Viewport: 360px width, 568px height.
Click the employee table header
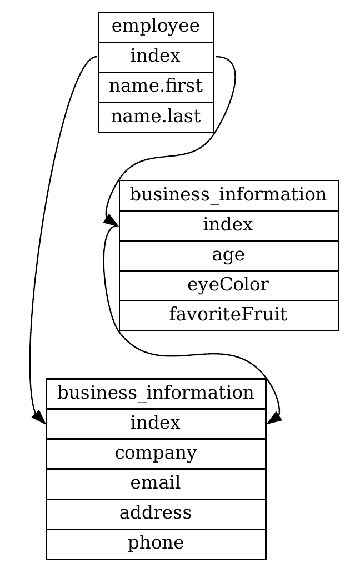[x=156, y=27]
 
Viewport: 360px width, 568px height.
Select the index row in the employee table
[x=156, y=57]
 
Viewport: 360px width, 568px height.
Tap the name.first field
[x=156, y=87]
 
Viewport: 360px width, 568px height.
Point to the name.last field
[x=156, y=117]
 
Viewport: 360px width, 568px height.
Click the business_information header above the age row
[x=228, y=195]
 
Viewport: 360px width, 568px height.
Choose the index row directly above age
[x=228, y=225]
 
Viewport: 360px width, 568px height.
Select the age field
[x=228, y=255]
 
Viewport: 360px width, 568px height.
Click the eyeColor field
[x=228, y=285]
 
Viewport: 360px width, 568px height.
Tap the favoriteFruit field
[x=228, y=315]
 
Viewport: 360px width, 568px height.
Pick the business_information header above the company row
[x=156, y=394]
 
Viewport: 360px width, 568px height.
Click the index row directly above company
[x=156, y=424]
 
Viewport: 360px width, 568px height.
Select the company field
[x=156, y=454]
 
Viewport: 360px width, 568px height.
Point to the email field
[x=156, y=484]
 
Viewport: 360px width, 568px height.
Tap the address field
[x=156, y=514]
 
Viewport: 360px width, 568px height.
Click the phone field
[x=156, y=544]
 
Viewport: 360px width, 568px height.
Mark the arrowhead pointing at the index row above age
[x=111, y=220]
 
